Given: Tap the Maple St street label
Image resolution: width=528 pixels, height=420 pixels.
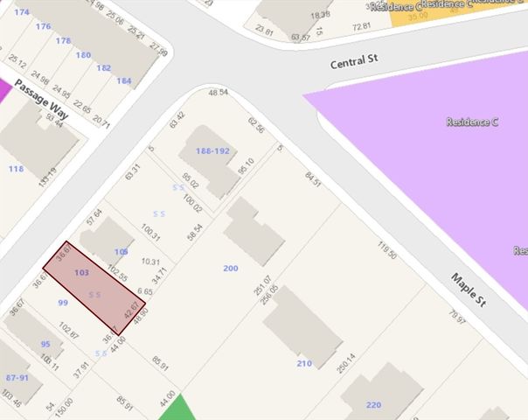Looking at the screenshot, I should tap(469, 290).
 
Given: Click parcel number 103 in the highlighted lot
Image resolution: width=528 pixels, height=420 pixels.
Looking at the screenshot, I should tap(81, 273).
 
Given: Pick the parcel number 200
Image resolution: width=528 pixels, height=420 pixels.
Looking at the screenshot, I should tap(230, 268).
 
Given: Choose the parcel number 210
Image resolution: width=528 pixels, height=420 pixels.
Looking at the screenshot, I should tap(303, 362).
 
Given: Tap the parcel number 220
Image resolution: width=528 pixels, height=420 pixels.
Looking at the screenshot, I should tap(374, 404).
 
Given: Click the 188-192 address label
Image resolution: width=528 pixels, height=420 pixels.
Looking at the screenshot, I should tap(212, 150).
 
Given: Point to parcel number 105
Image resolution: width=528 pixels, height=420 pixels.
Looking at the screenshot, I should tap(122, 252).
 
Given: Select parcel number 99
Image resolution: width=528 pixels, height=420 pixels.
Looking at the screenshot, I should tap(62, 302).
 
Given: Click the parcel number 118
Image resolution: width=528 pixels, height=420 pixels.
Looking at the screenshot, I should tap(16, 168).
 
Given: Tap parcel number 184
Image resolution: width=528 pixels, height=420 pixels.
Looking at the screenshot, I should tap(124, 81).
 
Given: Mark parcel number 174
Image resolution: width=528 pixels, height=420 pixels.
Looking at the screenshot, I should tap(22, 12).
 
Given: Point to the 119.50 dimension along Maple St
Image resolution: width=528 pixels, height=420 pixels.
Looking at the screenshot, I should tap(387, 249).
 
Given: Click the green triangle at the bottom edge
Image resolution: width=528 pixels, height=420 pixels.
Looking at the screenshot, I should tap(177, 409).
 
